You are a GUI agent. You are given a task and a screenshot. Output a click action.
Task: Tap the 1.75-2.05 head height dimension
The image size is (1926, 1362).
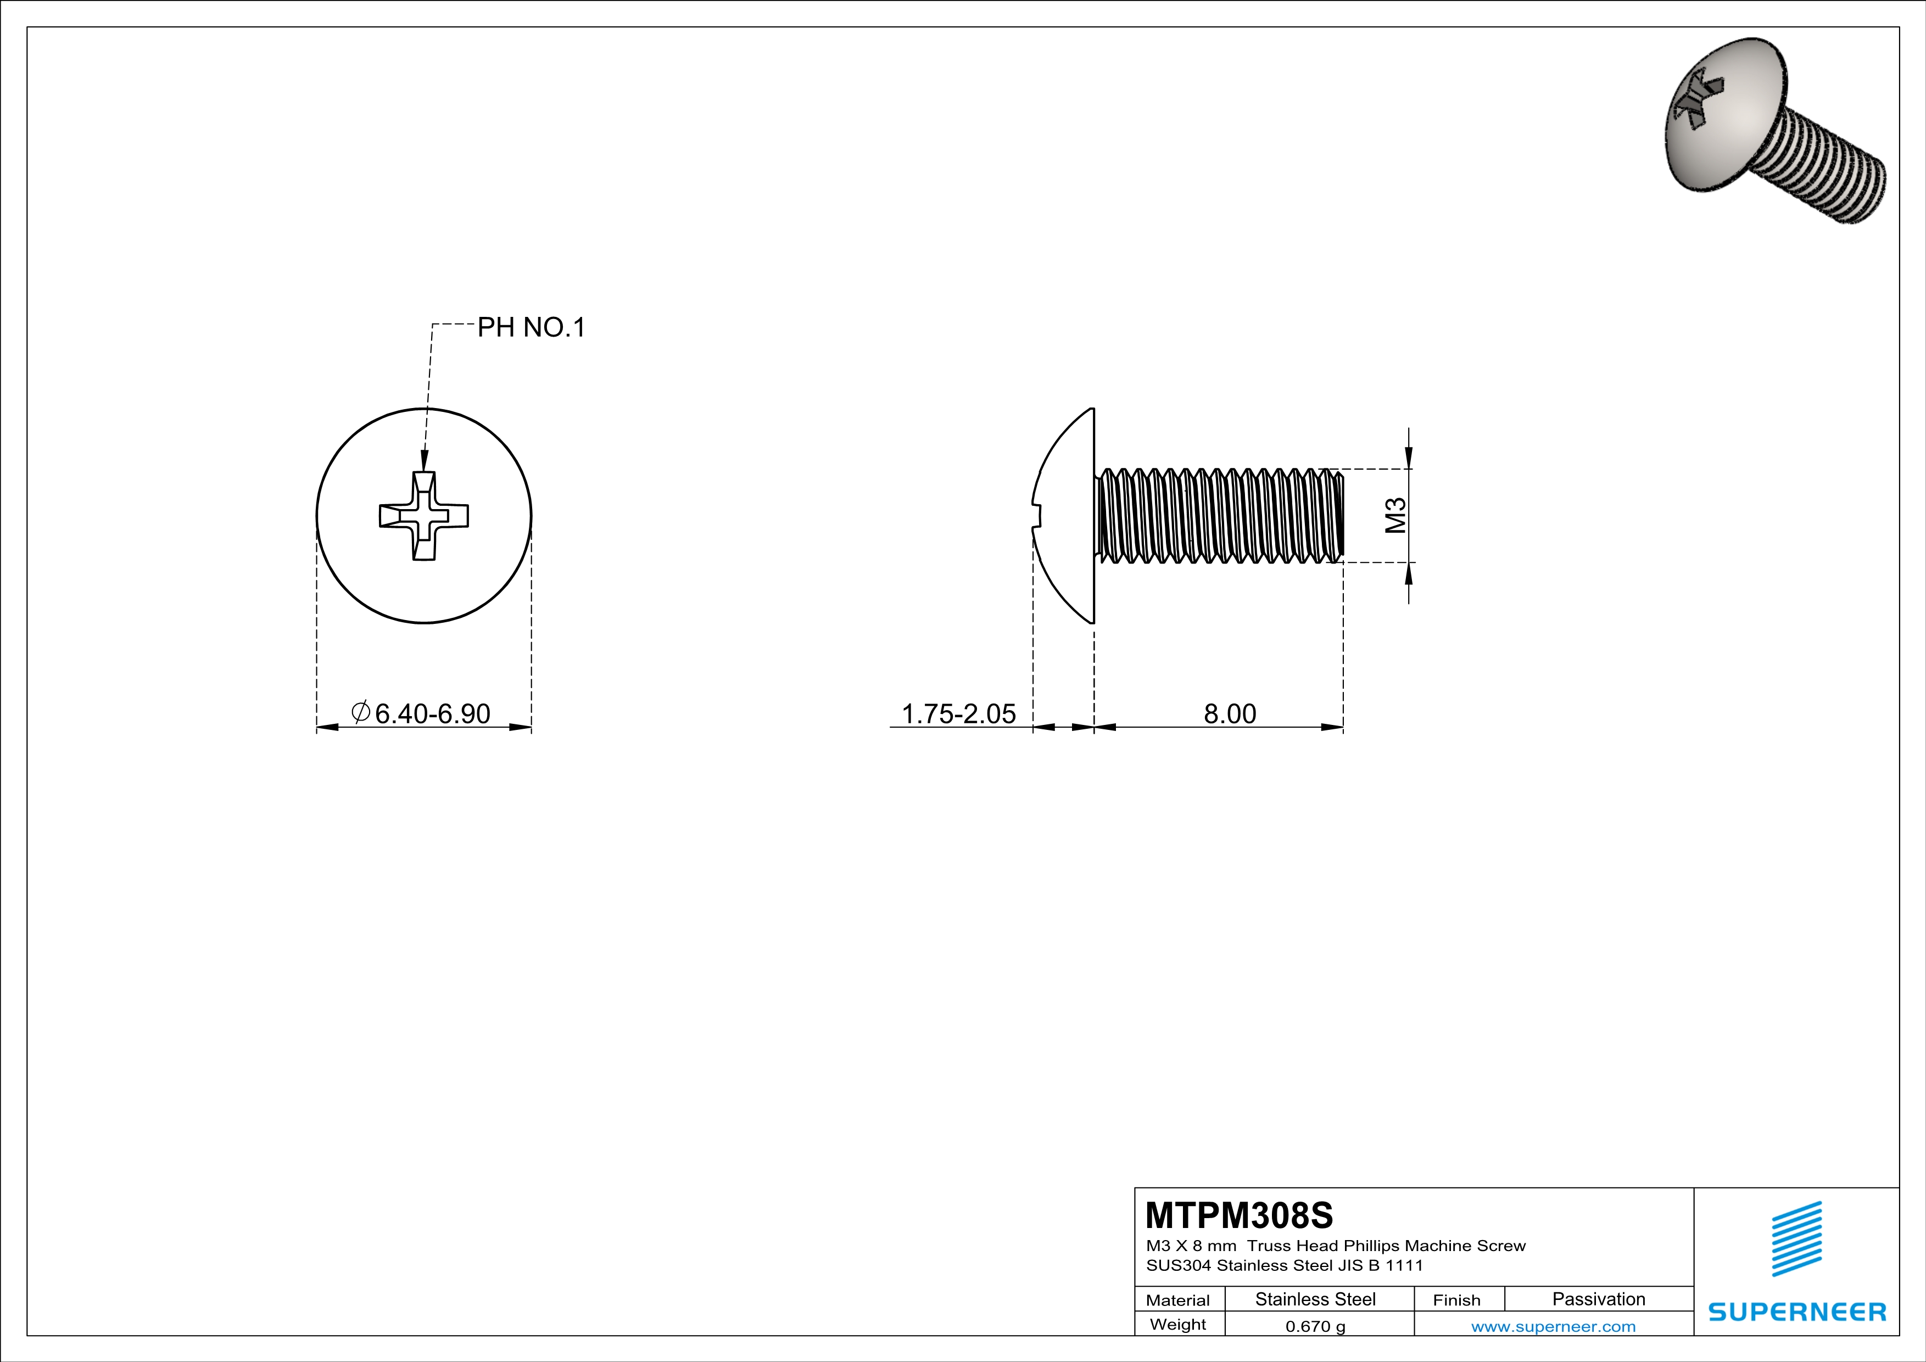[x=958, y=714]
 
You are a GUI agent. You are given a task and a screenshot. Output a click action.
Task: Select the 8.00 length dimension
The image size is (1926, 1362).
[x=1230, y=714]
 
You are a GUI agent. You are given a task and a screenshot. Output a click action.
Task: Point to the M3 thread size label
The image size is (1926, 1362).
[x=1395, y=515]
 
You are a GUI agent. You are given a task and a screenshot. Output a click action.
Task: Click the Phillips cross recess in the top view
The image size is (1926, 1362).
[x=423, y=516]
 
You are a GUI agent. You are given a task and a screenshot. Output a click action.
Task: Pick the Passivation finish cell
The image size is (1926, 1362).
[x=1598, y=1299]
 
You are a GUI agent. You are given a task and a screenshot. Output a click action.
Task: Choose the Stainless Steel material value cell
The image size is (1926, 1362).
[x=1315, y=1299]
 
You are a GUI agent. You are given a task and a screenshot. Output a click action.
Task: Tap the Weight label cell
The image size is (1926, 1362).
[x=1178, y=1324]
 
